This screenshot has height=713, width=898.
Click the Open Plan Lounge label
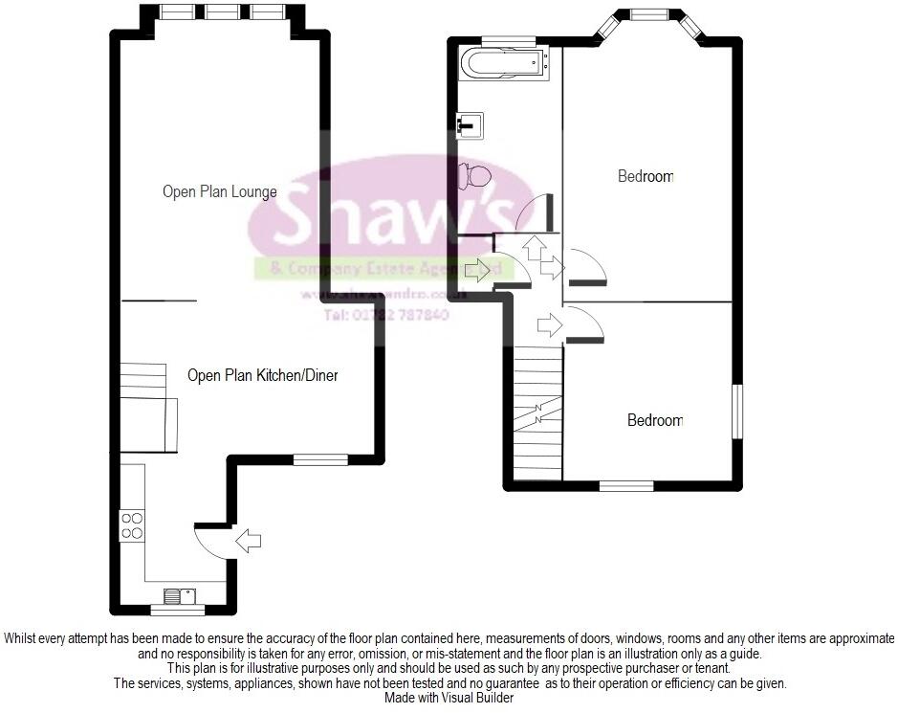[219, 191]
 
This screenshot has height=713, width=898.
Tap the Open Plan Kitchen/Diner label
[262, 375]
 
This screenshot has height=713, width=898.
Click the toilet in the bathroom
[474, 175]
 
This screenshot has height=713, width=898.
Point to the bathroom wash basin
[470, 123]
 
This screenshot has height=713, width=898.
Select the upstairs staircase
[537, 412]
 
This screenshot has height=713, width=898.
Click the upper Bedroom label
[646, 176]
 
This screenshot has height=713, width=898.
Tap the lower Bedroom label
[655, 420]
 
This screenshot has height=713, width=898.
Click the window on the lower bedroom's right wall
[737, 412]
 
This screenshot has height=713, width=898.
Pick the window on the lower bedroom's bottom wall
[626, 485]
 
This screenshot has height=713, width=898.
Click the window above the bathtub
[508, 39]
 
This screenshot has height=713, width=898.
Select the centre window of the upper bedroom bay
[649, 13]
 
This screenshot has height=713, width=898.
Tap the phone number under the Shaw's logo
[386, 314]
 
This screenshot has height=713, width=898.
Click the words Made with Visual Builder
[449, 698]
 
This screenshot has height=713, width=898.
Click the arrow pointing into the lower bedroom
[550, 325]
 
